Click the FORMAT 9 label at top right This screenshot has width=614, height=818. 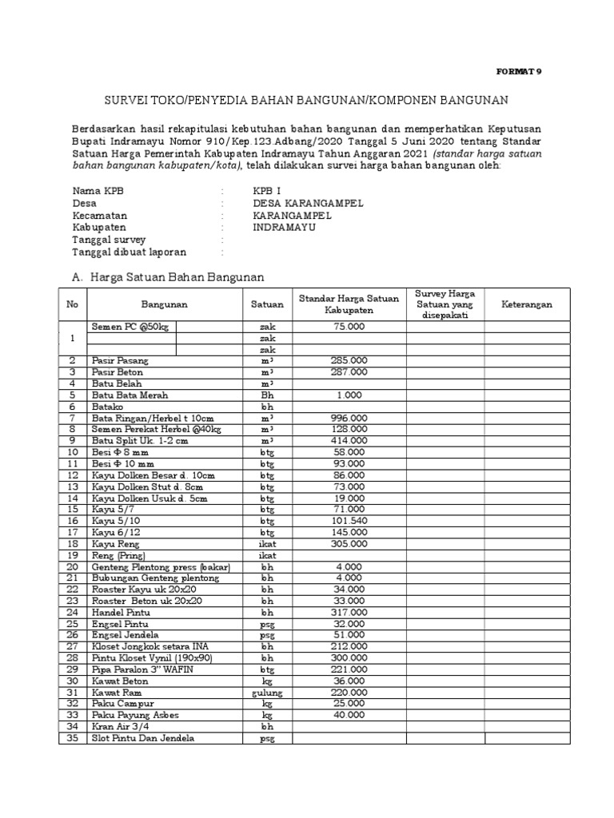point(519,71)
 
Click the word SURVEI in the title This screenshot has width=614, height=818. point(127,100)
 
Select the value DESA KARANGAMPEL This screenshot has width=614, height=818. point(308,203)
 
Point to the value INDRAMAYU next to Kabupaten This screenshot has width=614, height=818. point(284,227)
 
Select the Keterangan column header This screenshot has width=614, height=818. point(526,304)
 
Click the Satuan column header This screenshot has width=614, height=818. point(266,304)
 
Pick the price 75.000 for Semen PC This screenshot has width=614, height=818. point(349,327)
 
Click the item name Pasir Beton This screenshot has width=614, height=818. point(116,372)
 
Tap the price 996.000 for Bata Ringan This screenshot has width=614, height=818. point(349,418)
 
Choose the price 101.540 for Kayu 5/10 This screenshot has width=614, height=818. point(349,520)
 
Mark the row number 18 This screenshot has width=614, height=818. point(72,543)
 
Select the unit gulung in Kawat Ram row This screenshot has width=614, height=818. point(266,693)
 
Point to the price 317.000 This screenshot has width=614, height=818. point(349,612)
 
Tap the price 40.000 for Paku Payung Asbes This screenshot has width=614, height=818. point(349,715)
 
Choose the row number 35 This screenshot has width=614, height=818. point(72,738)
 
